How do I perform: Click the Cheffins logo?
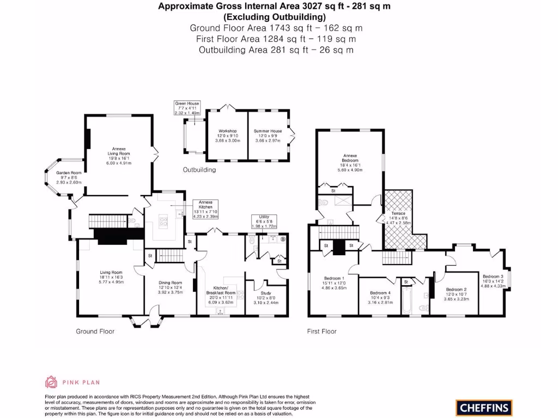(x=484, y=408)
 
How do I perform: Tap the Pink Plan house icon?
(x=51, y=382)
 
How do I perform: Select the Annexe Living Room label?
(x=119, y=155)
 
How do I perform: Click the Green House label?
(x=187, y=108)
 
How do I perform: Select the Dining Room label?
(x=170, y=287)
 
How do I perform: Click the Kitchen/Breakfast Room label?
(x=224, y=294)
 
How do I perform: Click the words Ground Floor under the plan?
(x=95, y=331)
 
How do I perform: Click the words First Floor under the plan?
(x=322, y=331)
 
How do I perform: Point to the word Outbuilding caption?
(x=199, y=170)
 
